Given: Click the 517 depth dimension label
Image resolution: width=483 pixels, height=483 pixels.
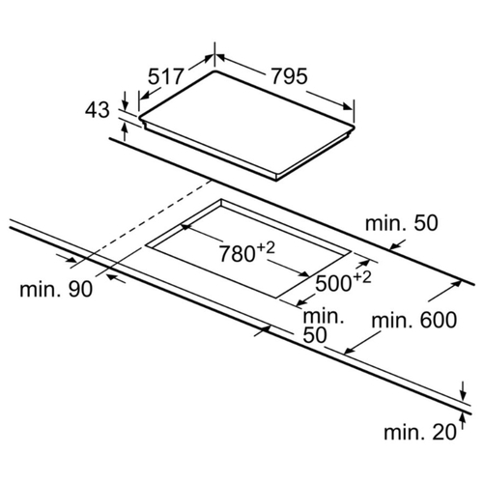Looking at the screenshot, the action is tap(165, 77).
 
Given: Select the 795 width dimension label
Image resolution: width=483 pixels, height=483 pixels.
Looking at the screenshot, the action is tap(289, 76).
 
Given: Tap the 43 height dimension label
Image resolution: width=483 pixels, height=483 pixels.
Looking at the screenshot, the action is tap(97, 110).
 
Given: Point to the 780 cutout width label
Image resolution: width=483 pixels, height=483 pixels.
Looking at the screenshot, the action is tap(238, 253).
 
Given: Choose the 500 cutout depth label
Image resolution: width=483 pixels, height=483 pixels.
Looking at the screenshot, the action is tap(333, 283).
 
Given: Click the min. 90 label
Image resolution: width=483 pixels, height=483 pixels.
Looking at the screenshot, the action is tap(56, 289).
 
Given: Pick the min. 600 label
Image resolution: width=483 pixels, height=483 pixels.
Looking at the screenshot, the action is tap(413, 321).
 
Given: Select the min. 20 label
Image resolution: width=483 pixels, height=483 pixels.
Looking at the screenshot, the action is tap(420, 432).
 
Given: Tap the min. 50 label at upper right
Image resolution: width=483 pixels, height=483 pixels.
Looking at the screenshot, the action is tap(402, 223).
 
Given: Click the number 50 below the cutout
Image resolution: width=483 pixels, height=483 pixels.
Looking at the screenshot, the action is tap(315, 335).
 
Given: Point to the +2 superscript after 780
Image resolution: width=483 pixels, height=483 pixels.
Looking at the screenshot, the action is tap(266, 248).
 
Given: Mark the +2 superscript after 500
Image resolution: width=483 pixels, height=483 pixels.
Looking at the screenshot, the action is tap(361, 277).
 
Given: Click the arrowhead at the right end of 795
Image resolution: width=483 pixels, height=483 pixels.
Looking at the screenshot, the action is tap(348, 106).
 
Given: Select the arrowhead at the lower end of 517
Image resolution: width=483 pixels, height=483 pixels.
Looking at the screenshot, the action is tap(145, 95).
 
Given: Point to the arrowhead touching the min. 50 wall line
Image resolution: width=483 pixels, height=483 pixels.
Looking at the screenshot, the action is tap(394, 245).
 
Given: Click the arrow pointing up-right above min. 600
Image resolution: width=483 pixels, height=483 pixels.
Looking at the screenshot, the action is tap(445, 291).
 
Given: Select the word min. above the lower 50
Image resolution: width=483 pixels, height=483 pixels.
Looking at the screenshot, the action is tap(324, 316).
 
